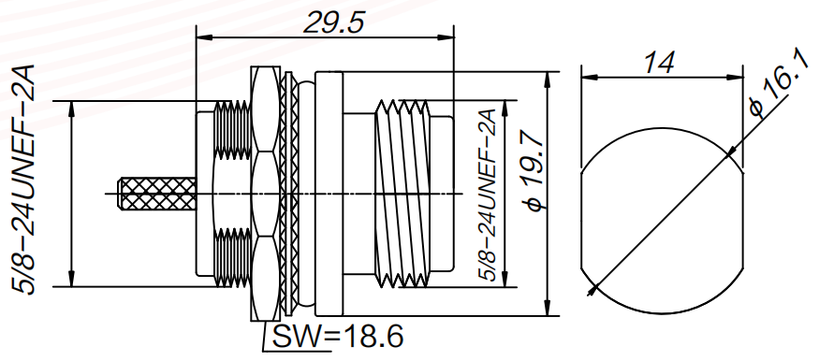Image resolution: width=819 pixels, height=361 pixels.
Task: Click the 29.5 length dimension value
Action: (x=333, y=23)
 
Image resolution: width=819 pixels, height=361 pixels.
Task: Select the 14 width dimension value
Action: (x=658, y=63)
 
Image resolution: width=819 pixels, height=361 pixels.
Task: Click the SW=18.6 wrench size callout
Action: (x=338, y=337)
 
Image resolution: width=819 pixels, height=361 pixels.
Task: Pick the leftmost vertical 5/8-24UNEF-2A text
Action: (x=24, y=180)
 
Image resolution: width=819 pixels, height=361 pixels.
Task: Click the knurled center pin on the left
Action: (x=157, y=194)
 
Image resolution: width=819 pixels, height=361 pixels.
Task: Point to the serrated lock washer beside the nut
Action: (x=286, y=195)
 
